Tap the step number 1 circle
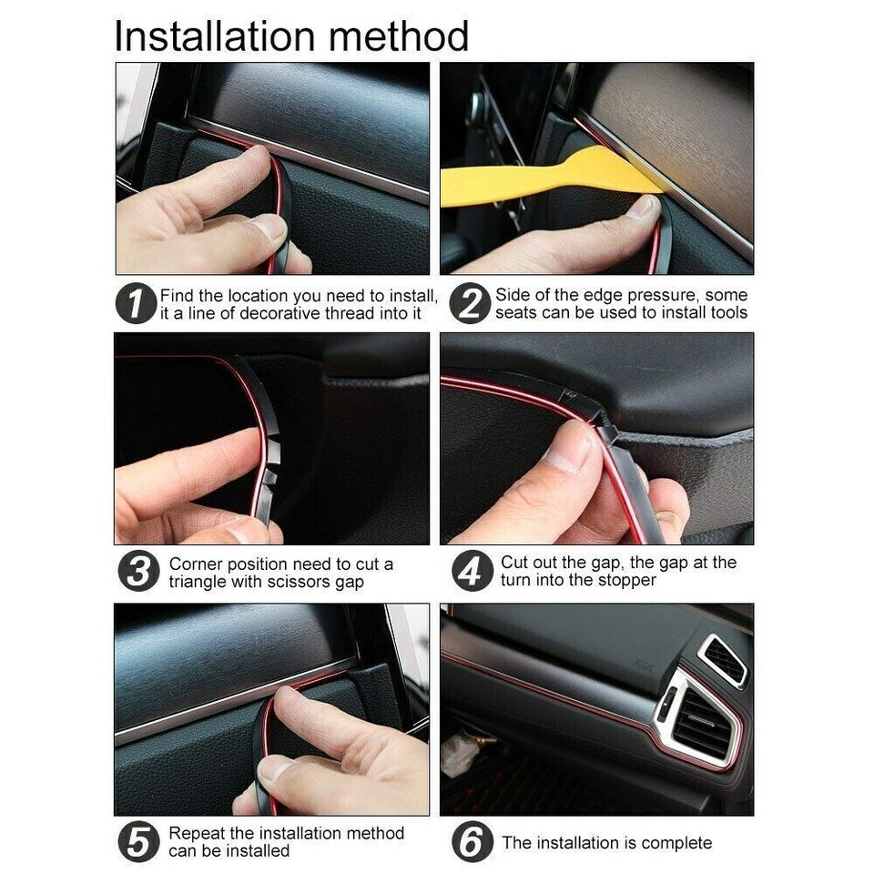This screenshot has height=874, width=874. [x=136, y=304]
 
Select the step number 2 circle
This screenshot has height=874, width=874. [x=470, y=304]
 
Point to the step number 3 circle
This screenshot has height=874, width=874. [x=138, y=573]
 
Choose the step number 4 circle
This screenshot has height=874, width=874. [x=472, y=572]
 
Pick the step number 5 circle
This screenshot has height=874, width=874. [x=138, y=842]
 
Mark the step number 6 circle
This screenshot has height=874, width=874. [x=472, y=842]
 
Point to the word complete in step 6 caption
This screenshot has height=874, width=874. [x=676, y=843]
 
